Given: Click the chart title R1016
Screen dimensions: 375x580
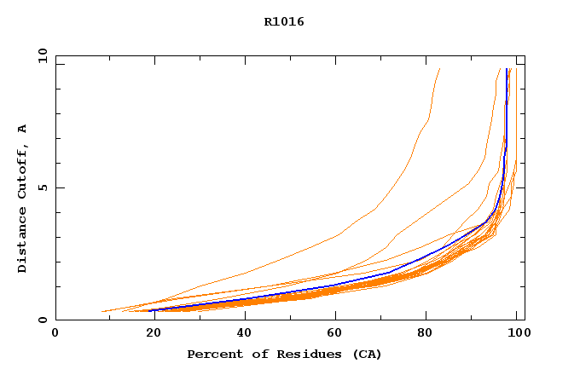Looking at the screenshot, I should [x=284, y=22].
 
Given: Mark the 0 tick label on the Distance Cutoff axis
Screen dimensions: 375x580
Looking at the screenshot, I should [x=42, y=320].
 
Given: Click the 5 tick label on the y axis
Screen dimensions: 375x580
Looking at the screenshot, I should [x=42, y=187].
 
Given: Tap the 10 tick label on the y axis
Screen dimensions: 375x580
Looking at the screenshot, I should [x=42, y=55].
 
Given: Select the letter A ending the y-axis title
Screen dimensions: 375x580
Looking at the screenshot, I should [x=23, y=129].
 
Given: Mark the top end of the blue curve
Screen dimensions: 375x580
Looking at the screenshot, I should [x=507, y=70].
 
